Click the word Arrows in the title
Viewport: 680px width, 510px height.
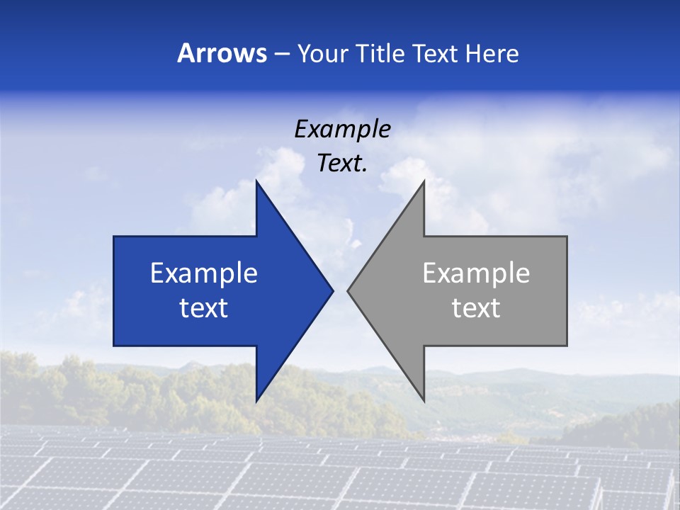click(222, 53)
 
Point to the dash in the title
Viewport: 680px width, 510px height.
click(281, 54)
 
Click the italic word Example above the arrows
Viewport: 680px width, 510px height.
click(343, 129)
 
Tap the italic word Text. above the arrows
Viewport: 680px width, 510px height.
click(343, 163)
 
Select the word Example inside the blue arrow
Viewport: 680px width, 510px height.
click(204, 273)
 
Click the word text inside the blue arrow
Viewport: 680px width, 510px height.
click(204, 307)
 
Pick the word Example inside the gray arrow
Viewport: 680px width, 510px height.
click(476, 273)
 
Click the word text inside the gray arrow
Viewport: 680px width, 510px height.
click(476, 307)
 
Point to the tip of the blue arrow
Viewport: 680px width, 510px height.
click(333, 290)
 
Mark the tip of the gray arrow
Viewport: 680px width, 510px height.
click(348, 290)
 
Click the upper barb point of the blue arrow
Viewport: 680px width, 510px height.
click(256, 181)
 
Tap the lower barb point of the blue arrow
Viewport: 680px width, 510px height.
click(256, 401)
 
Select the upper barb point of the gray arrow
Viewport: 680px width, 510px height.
click(424, 181)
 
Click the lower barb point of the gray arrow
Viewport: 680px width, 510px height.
click(424, 401)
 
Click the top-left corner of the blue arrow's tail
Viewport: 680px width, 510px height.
click(114, 237)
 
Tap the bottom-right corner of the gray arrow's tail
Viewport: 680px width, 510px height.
click(567, 346)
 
